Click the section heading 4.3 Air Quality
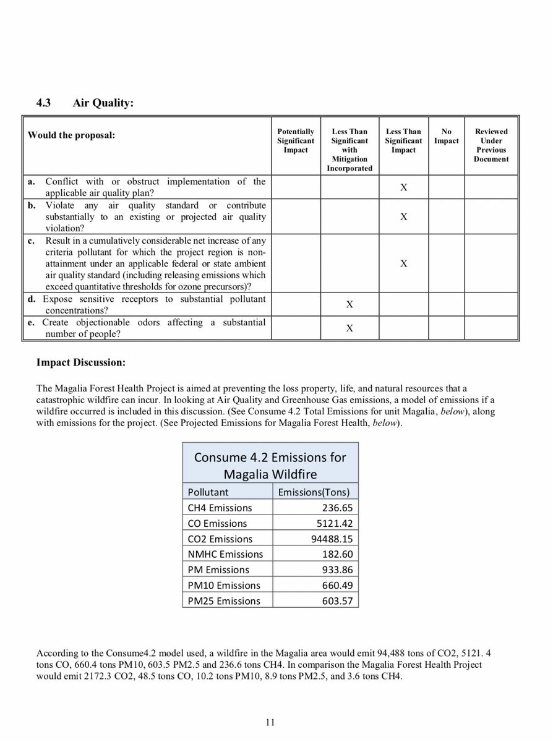pyautogui.click(x=85, y=103)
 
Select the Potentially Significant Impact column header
pyautogui.click(x=296, y=140)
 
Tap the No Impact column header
pyautogui.click(x=446, y=136)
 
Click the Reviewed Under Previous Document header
pyautogui.click(x=491, y=145)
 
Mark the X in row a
pyautogui.click(x=403, y=187)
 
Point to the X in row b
pyautogui.click(x=403, y=216)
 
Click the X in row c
pyautogui.click(x=403, y=263)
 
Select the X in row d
pyautogui.click(x=349, y=304)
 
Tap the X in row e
pyautogui.click(x=349, y=328)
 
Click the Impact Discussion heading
pyautogui.click(x=81, y=362)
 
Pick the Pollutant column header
pyautogui.click(x=208, y=492)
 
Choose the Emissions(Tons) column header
pyautogui.click(x=314, y=492)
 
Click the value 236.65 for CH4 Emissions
pyautogui.click(x=337, y=508)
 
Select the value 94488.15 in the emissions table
pyautogui.click(x=331, y=539)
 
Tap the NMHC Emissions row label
pyautogui.click(x=225, y=554)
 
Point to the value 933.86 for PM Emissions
pyautogui.click(x=337, y=569)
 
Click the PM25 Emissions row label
pyautogui.click(x=224, y=600)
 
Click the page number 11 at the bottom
pyautogui.click(x=271, y=722)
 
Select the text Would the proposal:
pyautogui.click(x=71, y=135)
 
